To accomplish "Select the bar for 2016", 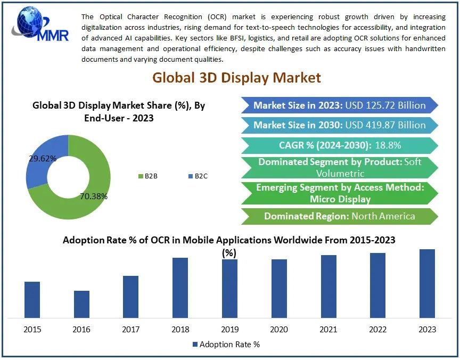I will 81,305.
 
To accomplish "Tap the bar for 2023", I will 427,284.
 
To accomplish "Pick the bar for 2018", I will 180,288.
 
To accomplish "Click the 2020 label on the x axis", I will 279,330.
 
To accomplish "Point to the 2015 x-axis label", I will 32,330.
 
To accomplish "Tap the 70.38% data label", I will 94,197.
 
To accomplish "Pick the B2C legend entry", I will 198,176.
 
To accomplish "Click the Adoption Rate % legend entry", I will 226,345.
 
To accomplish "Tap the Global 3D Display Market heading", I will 236,78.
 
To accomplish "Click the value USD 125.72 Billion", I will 385,105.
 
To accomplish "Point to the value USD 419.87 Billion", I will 385,125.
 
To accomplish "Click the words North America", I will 383,216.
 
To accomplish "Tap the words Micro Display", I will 340,199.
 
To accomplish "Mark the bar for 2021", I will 328,287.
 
